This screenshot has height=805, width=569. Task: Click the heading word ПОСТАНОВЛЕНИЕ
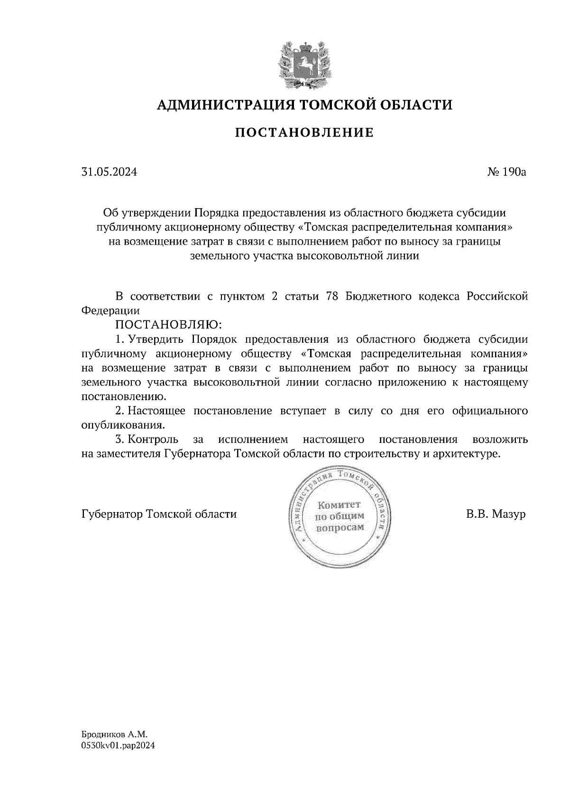(x=304, y=133)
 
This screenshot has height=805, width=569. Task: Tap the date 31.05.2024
(x=109, y=172)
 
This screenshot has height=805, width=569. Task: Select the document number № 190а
(x=506, y=172)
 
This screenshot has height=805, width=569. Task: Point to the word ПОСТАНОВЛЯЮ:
(x=169, y=325)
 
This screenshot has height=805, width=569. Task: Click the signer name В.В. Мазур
(x=496, y=514)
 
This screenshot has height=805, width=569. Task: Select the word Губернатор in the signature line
(x=112, y=514)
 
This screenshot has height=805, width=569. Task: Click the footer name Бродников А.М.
(x=111, y=734)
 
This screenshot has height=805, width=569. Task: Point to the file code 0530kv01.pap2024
(x=118, y=745)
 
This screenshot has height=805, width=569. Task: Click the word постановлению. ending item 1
(x=124, y=396)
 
